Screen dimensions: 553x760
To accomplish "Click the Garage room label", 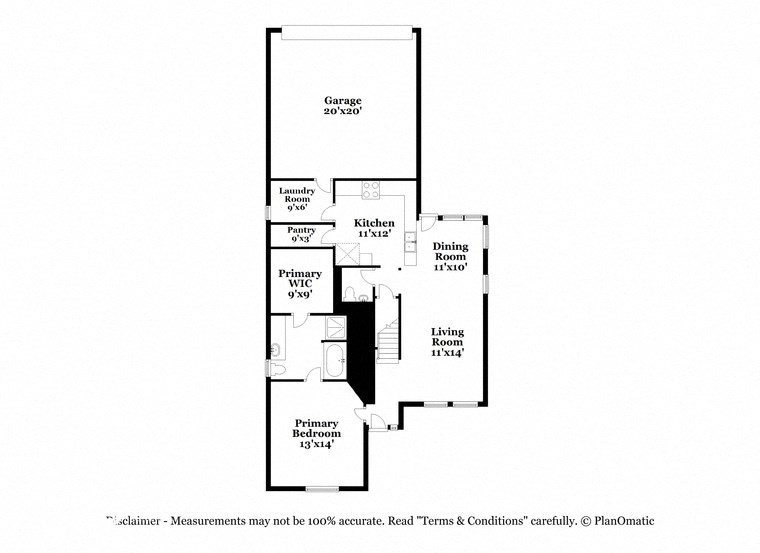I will (342, 106).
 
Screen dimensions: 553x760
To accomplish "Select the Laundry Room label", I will (296, 199).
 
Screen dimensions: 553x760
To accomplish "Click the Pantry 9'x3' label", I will (302, 234).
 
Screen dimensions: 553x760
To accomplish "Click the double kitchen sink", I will (410, 239).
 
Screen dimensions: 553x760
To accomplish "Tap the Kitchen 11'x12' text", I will (375, 227).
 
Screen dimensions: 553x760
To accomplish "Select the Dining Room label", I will (451, 257).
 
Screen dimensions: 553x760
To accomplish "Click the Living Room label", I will (447, 342).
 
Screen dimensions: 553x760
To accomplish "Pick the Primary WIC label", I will (300, 284).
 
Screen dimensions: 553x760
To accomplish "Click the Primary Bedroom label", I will (316, 433).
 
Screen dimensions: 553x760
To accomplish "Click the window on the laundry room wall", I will (268, 212).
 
